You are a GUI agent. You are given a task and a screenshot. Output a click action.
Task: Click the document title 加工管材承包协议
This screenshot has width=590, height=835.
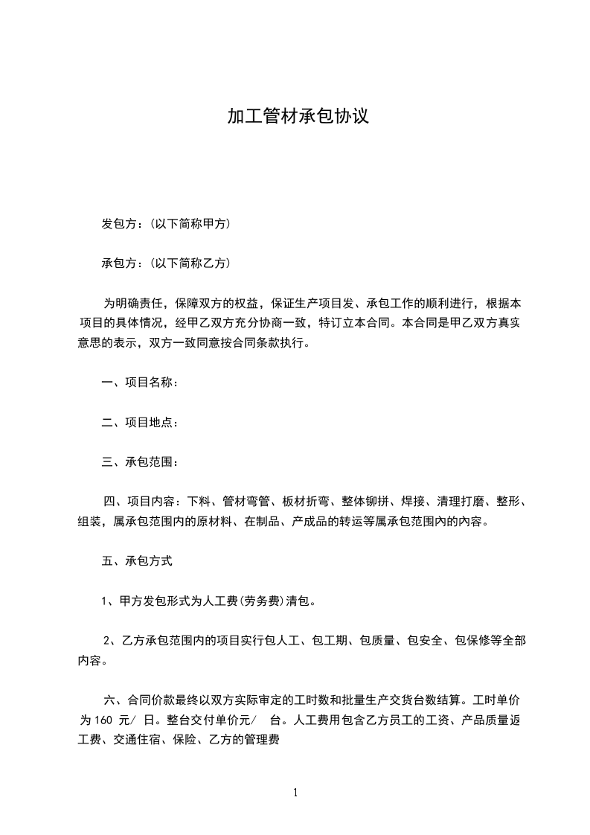click(298, 118)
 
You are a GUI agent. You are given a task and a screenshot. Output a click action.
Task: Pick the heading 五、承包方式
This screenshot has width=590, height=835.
click(137, 560)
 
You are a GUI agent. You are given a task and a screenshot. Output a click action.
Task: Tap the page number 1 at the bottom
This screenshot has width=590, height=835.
click(295, 793)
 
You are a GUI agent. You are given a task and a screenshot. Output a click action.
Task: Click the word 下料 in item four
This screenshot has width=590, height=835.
click(199, 502)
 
